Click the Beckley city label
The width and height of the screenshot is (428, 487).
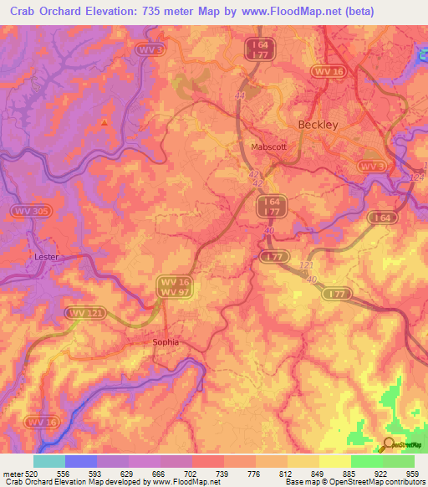coord(318,125)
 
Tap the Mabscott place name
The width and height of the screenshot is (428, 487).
coord(268,146)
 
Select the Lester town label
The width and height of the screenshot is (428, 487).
coord(47,257)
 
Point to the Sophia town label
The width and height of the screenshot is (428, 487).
coord(166,342)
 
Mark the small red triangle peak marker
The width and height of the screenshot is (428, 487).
coord(104,123)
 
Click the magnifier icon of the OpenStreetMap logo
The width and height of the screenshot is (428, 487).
coord(389,444)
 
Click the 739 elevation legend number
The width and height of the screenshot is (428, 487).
coord(223,474)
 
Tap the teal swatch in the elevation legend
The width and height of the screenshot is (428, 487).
coord(49,461)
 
